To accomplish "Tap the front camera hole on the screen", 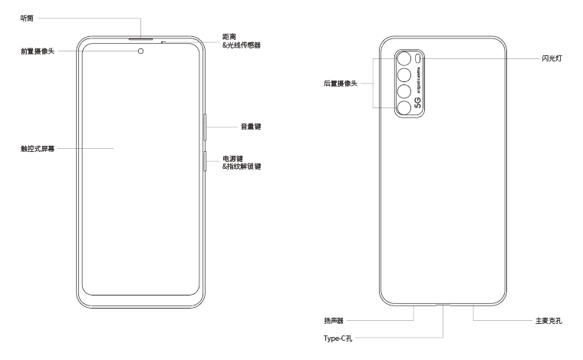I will coord(141,51).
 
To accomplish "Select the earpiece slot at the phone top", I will coord(141,36).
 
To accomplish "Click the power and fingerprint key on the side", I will coord(205,163).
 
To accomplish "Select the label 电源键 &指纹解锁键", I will coord(242,162).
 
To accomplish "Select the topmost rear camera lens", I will coord(403,59).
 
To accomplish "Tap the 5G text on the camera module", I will coord(418,103).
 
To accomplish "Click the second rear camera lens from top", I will coord(403,76).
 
